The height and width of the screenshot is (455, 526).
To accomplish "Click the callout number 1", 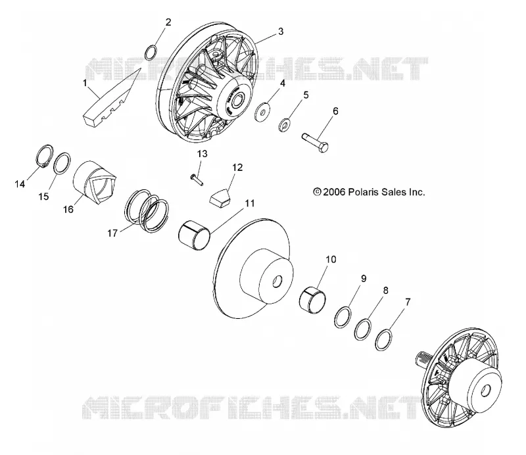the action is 85,83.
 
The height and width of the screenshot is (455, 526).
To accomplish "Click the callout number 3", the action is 281,31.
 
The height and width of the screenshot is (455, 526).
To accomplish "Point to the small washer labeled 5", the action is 285,125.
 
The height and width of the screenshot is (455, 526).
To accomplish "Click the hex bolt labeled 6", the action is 315,142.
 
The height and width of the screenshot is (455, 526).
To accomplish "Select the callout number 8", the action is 385,291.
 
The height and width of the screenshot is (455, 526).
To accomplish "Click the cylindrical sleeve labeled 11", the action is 194,236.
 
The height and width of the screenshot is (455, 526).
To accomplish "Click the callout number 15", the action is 43,197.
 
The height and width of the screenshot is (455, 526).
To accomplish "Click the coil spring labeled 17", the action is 147,210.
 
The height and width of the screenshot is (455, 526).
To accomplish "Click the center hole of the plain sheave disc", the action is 277,282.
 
